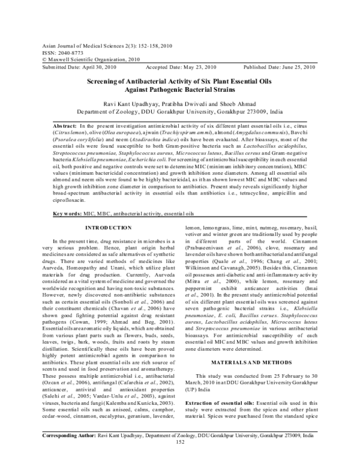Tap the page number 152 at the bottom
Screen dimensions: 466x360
pos(179,459)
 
